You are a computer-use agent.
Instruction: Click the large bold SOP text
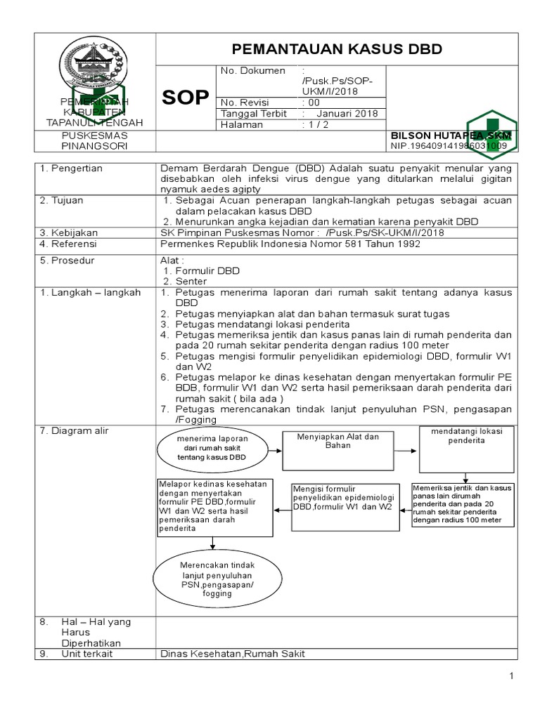(186, 98)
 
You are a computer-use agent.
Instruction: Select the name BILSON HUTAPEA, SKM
(451, 134)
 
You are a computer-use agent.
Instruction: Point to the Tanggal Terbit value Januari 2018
(346, 114)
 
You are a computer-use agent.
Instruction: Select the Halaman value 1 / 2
(315, 125)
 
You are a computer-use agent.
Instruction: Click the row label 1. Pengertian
(72, 169)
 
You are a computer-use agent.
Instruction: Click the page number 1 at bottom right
(513, 676)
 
